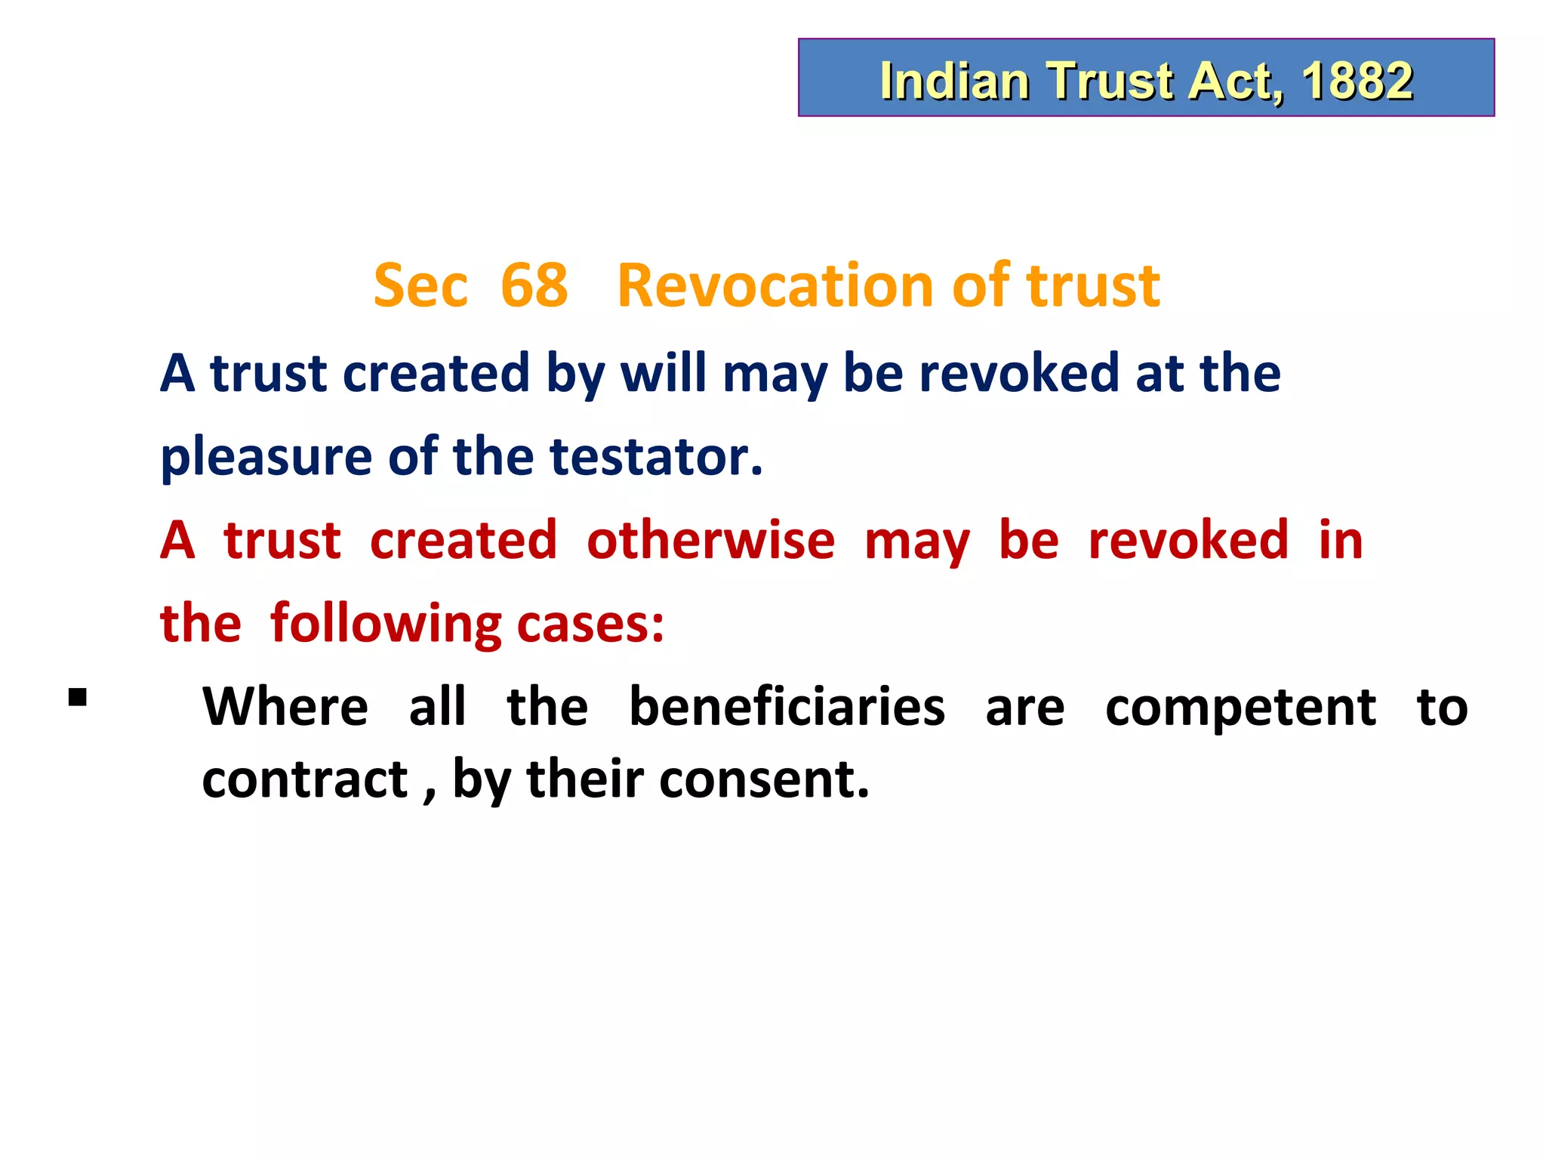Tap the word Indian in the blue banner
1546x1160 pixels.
(954, 80)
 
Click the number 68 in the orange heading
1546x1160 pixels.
(534, 285)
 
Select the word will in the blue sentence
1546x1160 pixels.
(664, 373)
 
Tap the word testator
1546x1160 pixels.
(656, 456)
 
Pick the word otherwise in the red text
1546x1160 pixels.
(710, 541)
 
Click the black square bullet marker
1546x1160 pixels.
(77, 696)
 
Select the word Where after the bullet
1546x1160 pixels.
(285, 707)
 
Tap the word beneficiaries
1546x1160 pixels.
(787, 707)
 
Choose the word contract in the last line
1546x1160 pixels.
(304, 779)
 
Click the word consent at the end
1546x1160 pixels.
(764, 779)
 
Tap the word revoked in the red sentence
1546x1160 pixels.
(1188, 541)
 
